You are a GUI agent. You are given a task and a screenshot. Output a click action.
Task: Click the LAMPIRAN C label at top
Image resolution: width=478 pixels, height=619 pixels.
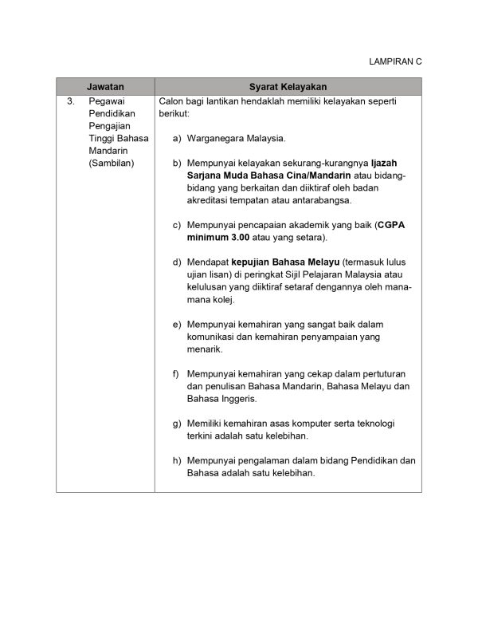pyautogui.click(x=395, y=61)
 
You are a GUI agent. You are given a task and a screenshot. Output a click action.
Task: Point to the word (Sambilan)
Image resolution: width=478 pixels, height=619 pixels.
pyautogui.click(x=112, y=163)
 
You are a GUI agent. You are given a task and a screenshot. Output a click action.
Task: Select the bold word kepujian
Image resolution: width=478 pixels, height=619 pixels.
pyautogui.click(x=240, y=262)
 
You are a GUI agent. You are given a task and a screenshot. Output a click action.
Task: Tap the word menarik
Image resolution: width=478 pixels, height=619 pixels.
pyautogui.click(x=205, y=349)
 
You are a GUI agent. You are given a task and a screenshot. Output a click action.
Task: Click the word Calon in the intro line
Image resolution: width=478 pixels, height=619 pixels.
pyautogui.click(x=172, y=101)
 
